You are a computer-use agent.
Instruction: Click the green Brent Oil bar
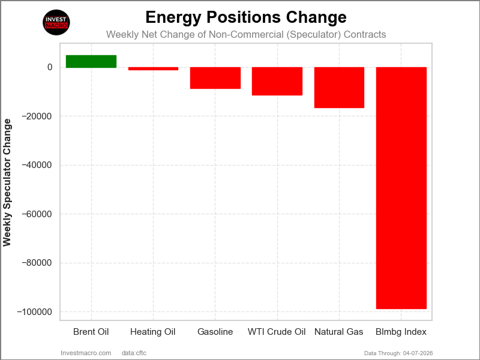[91, 61]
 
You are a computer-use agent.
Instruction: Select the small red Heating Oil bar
[153, 68]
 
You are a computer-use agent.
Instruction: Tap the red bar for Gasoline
[215, 78]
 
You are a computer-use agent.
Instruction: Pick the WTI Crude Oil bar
[277, 81]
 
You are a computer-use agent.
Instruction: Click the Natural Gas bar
[339, 88]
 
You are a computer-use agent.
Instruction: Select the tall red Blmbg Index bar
[401, 188]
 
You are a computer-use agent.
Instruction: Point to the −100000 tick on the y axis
[36, 312]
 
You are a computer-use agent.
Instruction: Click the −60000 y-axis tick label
[38, 214]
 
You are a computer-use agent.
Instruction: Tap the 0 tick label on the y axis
[50, 67]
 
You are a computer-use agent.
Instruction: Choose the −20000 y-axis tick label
[38, 116]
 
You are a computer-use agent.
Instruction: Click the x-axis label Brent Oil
[91, 332]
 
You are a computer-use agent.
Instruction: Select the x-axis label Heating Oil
[153, 332]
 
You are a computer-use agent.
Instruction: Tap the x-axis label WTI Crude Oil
[277, 332]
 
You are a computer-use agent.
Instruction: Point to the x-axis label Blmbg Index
[401, 332]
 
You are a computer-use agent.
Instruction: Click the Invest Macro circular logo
[57, 23]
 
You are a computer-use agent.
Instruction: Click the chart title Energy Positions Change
[246, 17]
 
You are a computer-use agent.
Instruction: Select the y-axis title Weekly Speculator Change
[7, 182]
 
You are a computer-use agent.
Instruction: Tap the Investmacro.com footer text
[86, 353]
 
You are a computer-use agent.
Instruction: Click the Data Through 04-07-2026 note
[399, 353]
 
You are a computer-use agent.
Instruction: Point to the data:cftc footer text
[134, 353]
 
